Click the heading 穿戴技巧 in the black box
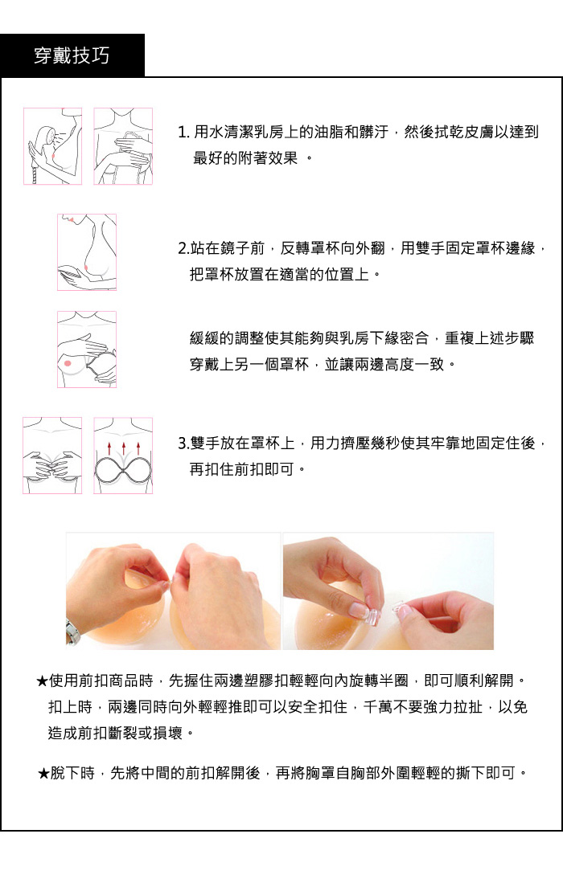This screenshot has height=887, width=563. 72,56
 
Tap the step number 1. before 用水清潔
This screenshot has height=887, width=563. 183,133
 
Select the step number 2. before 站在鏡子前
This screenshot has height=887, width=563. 183,248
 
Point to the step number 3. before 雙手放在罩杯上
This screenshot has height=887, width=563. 183,443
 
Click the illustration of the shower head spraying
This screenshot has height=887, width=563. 52,146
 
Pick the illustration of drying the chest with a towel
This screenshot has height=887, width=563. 123,146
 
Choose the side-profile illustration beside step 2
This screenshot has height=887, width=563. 87,252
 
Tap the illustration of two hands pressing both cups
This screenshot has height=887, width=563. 52,456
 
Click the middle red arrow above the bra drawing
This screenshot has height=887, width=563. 124,448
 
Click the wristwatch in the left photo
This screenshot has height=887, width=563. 72,632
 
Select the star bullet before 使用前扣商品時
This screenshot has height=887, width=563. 42,681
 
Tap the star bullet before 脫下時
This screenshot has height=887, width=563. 43,773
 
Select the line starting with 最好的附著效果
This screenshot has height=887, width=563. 253,158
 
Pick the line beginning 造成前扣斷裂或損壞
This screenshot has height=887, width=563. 121,734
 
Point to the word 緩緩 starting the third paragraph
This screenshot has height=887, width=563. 204,338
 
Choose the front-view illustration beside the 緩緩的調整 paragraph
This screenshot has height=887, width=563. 87,349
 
